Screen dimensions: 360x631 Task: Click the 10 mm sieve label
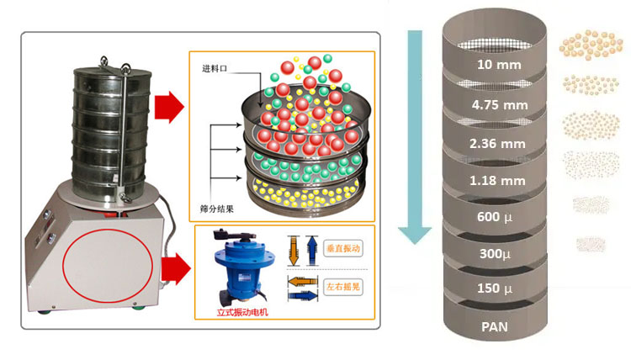498,64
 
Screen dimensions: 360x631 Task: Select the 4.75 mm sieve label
498,106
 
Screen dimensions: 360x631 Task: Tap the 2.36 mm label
498,143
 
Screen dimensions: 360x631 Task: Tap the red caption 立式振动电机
241,314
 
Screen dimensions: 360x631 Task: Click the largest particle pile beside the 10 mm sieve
586,45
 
